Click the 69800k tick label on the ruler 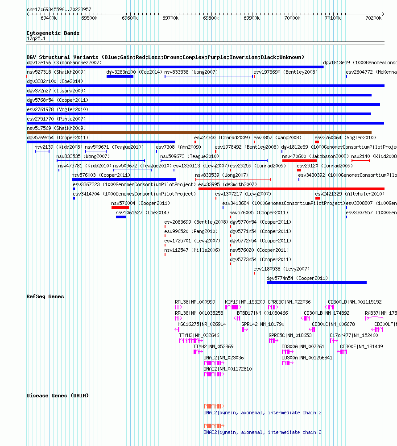211,18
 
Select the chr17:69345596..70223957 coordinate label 59,9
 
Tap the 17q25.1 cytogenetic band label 36,39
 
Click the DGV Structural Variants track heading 165,57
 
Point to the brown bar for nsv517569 199,133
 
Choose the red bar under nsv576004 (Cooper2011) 120,208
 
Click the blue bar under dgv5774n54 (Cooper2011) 316,283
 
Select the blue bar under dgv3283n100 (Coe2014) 120,76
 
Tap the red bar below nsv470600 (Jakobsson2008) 299,161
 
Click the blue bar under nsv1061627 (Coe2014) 121,217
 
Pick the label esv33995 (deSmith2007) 227,184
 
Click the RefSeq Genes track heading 45,296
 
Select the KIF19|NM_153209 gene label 245,302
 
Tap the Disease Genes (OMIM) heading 58,396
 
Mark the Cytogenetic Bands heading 53,33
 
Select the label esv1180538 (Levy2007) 281,269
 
